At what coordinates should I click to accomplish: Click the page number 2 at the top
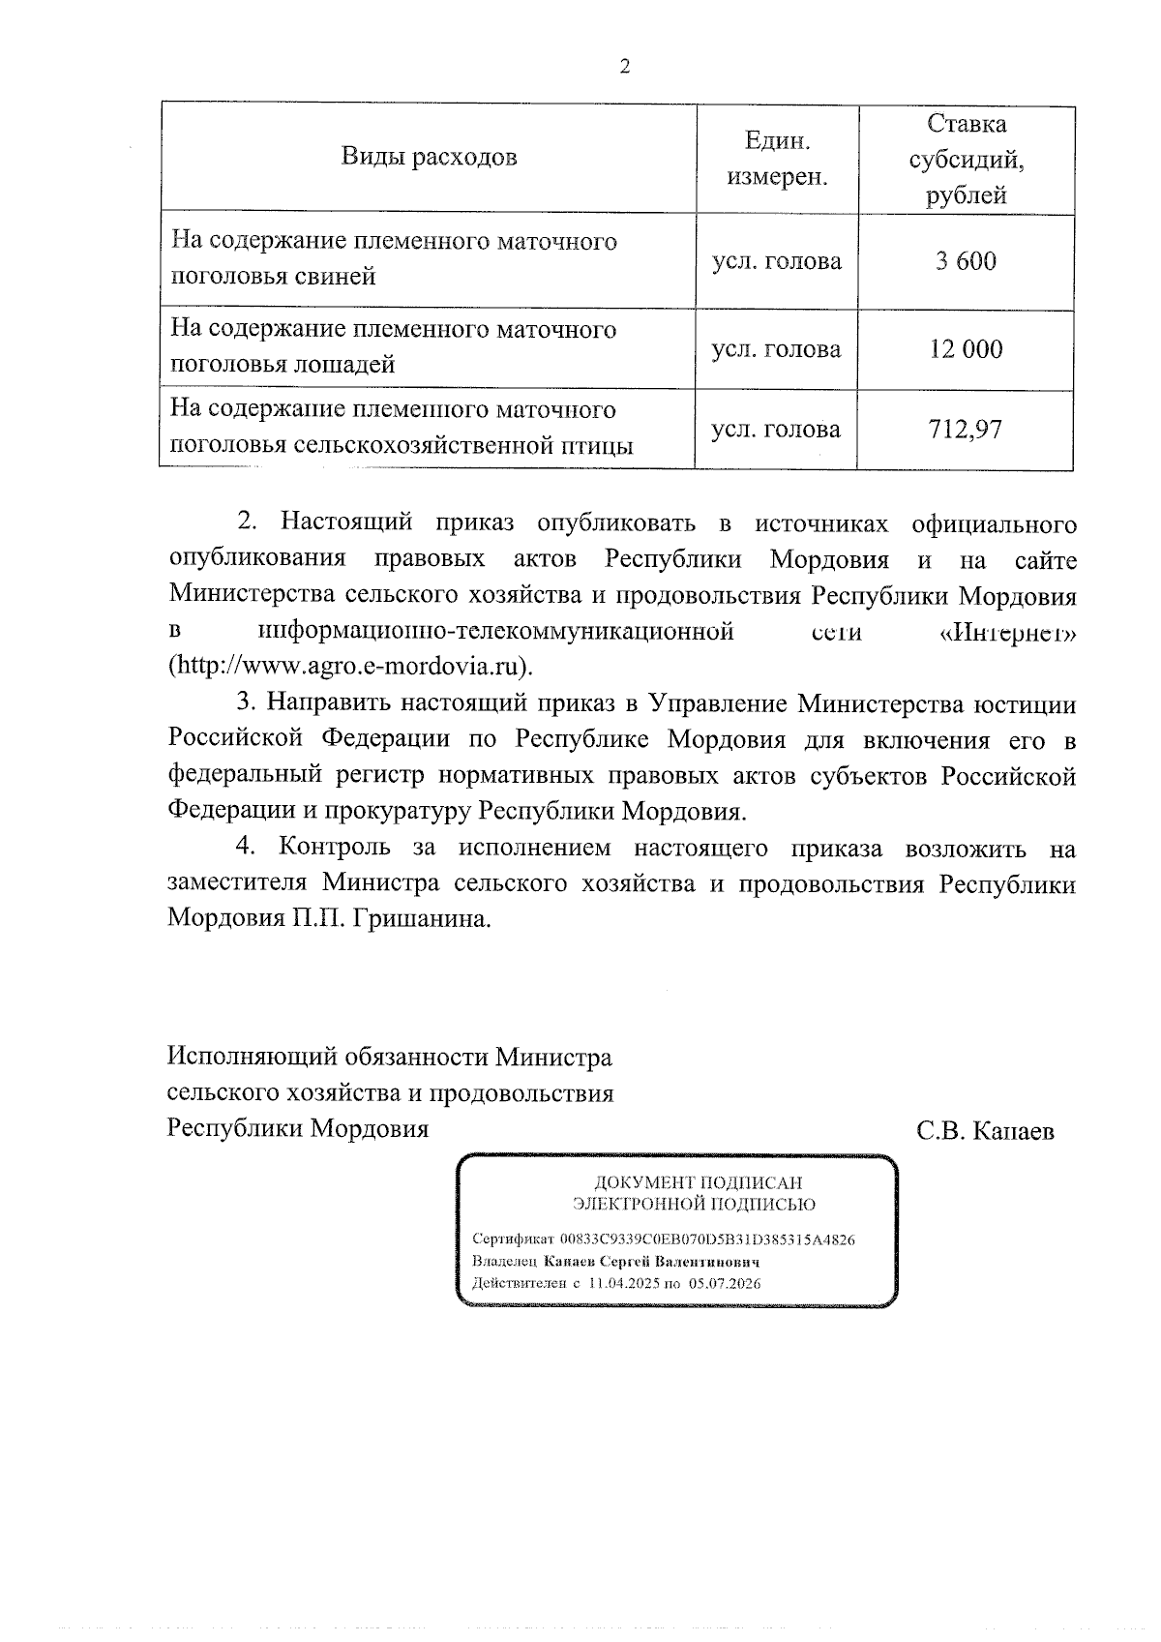[624, 67]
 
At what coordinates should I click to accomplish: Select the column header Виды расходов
[429, 158]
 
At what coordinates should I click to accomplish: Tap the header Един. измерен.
[777, 160]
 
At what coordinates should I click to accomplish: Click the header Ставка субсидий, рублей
[966, 160]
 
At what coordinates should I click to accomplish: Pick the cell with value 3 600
[965, 261]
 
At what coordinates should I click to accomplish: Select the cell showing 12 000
[966, 349]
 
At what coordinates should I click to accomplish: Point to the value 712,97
[965, 429]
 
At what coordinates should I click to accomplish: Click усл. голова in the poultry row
[776, 429]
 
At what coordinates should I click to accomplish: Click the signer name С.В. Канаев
[985, 1131]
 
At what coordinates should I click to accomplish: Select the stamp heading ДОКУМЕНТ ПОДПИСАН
[697, 1182]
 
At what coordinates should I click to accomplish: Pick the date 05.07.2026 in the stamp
[725, 1284]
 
